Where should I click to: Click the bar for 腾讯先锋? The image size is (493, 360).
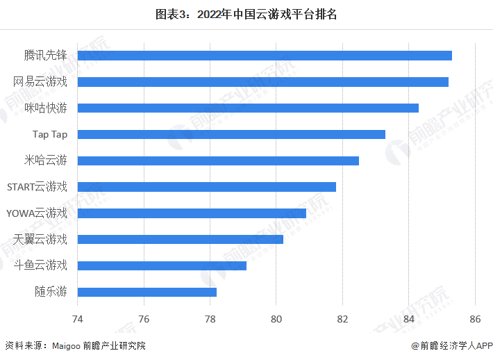(265, 56)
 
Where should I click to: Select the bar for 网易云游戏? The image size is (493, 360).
(262, 82)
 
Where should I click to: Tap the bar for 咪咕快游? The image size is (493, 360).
(248, 108)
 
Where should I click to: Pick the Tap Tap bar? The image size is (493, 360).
(231, 134)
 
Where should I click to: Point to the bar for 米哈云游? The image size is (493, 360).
(218, 161)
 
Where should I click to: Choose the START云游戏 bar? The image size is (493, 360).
(206, 187)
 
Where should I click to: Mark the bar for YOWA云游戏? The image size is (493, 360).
(192, 213)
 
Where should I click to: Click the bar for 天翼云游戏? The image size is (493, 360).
(180, 239)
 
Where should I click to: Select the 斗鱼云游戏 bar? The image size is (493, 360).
(162, 265)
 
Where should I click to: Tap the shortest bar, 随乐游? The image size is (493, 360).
(147, 292)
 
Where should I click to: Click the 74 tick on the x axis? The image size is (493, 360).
(78, 320)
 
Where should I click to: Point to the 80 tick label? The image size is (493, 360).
(276, 320)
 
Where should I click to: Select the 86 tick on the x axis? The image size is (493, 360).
(474, 320)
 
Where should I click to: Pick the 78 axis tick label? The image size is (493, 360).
(210, 320)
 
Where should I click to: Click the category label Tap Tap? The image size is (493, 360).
(50, 134)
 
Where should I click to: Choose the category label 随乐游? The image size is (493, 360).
(51, 292)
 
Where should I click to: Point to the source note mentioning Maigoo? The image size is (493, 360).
(76, 345)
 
